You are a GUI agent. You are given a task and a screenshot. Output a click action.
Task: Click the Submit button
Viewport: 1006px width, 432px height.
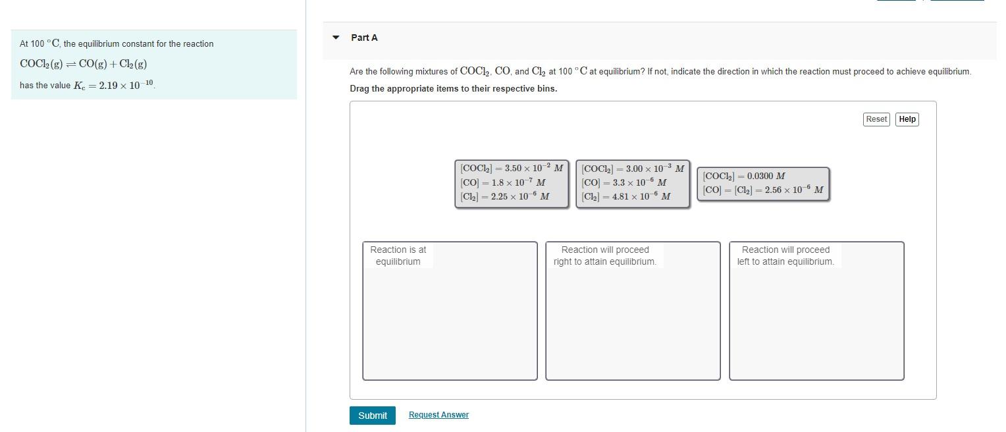pyautogui.click(x=373, y=416)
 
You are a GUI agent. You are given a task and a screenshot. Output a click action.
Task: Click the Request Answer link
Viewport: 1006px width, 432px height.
pyautogui.click(x=438, y=415)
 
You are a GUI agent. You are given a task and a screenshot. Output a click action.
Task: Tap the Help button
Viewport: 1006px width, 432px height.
pyautogui.click(x=907, y=119)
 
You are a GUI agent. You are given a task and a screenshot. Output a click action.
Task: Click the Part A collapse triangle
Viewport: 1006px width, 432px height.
pyautogui.click(x=336, y=38)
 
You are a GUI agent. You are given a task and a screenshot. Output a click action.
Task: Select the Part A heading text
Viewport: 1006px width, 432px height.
pyautogui.click(x=364, y=38)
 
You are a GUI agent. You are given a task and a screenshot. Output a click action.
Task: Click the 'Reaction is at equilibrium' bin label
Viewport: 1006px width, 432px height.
pyautogui.click(x=398, y=256)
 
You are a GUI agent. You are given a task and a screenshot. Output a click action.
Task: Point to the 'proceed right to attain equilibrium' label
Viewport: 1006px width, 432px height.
pyautogui.click(x=605, y=256)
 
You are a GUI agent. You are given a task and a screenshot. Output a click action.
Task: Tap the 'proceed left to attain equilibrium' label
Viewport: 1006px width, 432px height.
pyautogui.click(x=785, y=256)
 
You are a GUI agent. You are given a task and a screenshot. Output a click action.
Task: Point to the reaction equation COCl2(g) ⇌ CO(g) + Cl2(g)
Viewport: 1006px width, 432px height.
pyautogui.click(x=84, y=65)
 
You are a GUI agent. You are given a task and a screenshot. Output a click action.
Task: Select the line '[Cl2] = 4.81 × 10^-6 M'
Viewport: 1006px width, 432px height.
pyautogui.click(x=626, y=196)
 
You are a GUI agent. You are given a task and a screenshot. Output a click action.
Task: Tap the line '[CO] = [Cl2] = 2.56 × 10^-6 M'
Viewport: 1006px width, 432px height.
pyautogui.click(x=763, y=190)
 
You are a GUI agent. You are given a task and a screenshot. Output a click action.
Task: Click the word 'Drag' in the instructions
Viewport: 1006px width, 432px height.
pyautogui.click(x=359, y=89)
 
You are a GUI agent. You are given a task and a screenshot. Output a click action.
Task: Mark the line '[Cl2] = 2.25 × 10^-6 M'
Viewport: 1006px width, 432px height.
pyautogui.click(x=505, y=196)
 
